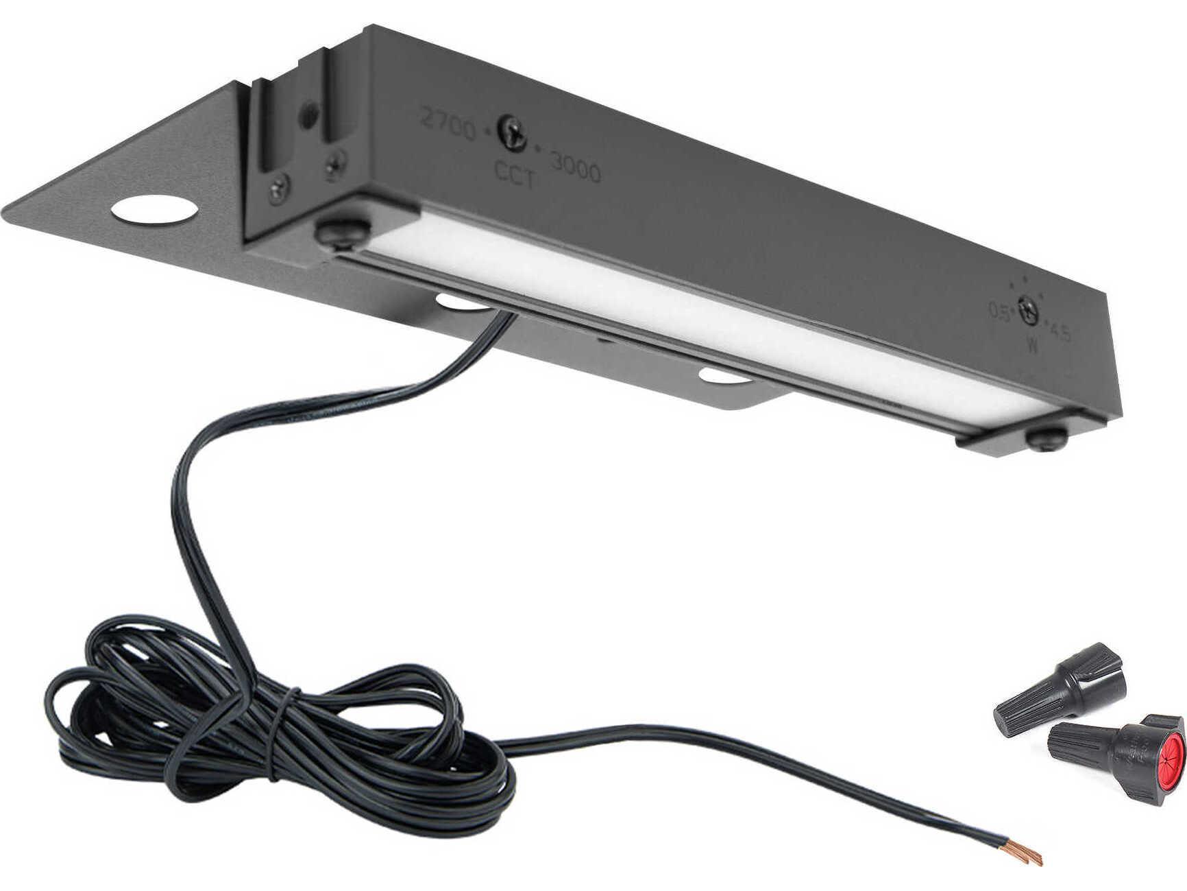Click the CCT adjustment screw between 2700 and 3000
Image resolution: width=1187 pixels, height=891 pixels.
(x=512, y=130)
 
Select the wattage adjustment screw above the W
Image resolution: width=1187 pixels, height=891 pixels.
(x=1027, y=309)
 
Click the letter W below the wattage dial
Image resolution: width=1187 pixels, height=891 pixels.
(x=1031, y=346)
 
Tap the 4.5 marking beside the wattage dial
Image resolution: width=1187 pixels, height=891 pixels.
(x=1060, y=333)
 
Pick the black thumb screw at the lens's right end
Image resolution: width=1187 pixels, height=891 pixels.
(x=1047, y=439)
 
